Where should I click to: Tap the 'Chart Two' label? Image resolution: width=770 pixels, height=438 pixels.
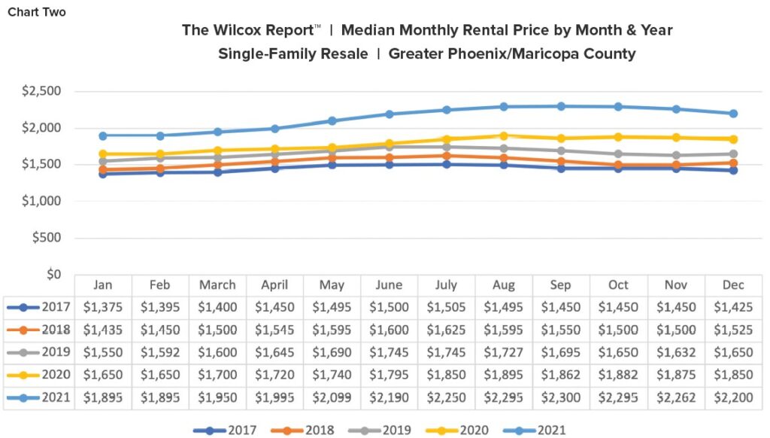[37, 12]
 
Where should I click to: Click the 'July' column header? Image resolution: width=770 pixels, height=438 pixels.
[446, 285]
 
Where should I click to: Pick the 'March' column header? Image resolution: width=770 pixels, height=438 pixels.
[217, 285]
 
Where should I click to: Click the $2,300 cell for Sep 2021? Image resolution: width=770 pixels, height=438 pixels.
[560, 397]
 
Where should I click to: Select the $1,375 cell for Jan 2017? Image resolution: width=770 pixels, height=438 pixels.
[103, 307]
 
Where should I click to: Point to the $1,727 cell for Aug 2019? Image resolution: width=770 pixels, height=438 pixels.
[503, 352]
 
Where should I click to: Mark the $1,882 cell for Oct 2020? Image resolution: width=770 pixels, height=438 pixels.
[617, 375]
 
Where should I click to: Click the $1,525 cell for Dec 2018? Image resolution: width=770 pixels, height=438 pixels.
[732, 330]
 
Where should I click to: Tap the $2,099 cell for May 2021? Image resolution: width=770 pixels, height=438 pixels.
[332, 397]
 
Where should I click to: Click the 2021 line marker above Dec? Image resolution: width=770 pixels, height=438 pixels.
[733, 114]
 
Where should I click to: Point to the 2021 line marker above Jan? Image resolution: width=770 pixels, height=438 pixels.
[103, 135]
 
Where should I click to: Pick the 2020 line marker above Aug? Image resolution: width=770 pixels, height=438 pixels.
[504, 135]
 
